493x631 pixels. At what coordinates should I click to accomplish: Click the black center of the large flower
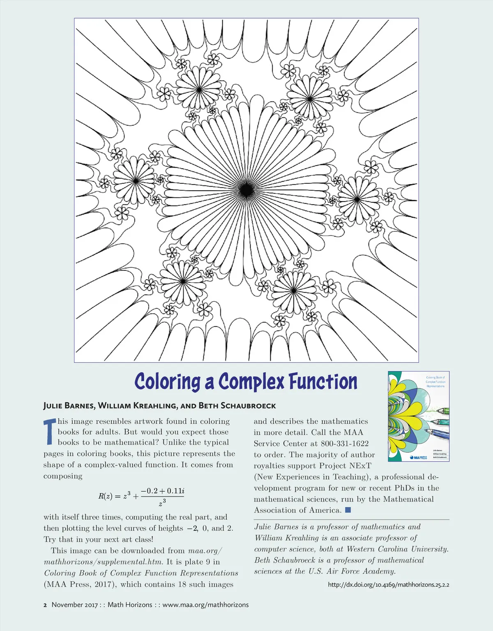coord(246,190)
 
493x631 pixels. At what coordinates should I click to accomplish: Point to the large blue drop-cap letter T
coord(49,432)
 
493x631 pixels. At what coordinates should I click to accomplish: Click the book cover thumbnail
coord(418,416)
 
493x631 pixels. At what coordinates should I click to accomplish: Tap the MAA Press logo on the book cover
coord(418,457)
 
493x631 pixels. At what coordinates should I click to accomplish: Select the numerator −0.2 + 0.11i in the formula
coord(162,491)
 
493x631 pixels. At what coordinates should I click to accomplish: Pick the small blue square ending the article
coord(348,510)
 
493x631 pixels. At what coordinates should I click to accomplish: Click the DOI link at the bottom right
coord(388,585)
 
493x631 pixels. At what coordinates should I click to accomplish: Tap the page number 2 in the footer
coord(45,605)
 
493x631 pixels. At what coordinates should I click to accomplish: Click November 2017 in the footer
coord(75,605)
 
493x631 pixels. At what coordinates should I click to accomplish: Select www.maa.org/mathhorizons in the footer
coord(205,605)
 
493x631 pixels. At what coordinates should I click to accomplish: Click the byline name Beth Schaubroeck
coord(237,406)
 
